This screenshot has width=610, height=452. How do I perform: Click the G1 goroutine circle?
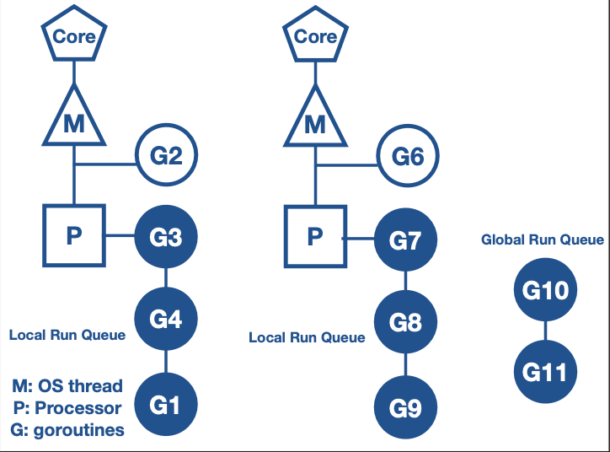click(165, 405)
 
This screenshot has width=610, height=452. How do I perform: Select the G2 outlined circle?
click(166, 155)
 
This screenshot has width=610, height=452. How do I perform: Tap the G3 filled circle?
click(165, 237)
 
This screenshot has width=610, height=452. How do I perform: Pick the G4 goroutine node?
click(165, 319)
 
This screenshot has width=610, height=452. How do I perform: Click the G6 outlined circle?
click(406, 156)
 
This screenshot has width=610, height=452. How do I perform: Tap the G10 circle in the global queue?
click(544, 290)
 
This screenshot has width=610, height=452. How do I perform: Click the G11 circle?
click(544, 371)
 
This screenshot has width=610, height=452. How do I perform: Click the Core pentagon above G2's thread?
click(74, 36)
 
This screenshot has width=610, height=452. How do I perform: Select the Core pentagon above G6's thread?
click(315, 36)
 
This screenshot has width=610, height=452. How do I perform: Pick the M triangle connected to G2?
click(74, 120)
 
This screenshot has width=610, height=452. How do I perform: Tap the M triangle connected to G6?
click(315, 120)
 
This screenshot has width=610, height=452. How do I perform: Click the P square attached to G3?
click(74, 235)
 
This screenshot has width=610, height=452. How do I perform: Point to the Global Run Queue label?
click(543, 239)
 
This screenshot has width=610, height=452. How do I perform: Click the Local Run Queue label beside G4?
click(67, 335)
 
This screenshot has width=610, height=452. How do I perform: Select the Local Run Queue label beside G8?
click(307, 337)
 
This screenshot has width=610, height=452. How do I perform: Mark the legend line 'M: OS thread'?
click(67, 386)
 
